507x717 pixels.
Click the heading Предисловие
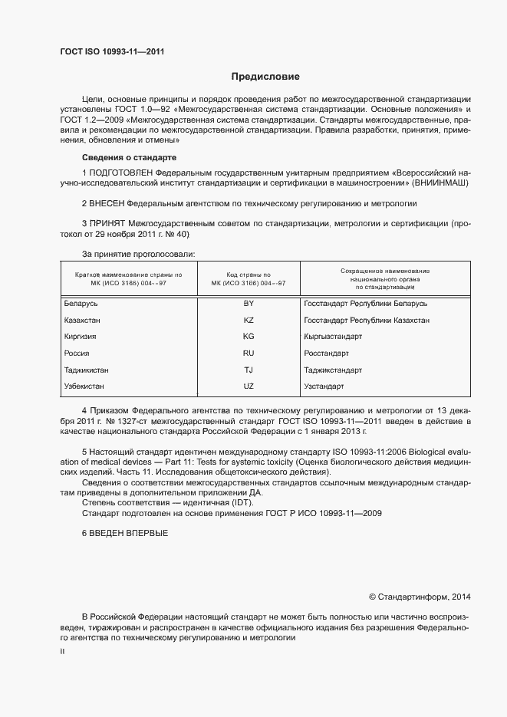point(265,77)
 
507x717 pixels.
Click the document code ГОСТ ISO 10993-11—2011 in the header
point(113,52)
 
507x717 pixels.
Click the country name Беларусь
point(81,304)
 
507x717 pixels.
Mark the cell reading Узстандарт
point(324,386)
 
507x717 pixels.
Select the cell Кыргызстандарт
point(333,337)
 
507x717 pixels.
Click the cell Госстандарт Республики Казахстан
point(367,320)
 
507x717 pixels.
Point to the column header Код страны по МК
point(248,278)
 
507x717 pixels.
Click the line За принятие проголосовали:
point(138,253)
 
